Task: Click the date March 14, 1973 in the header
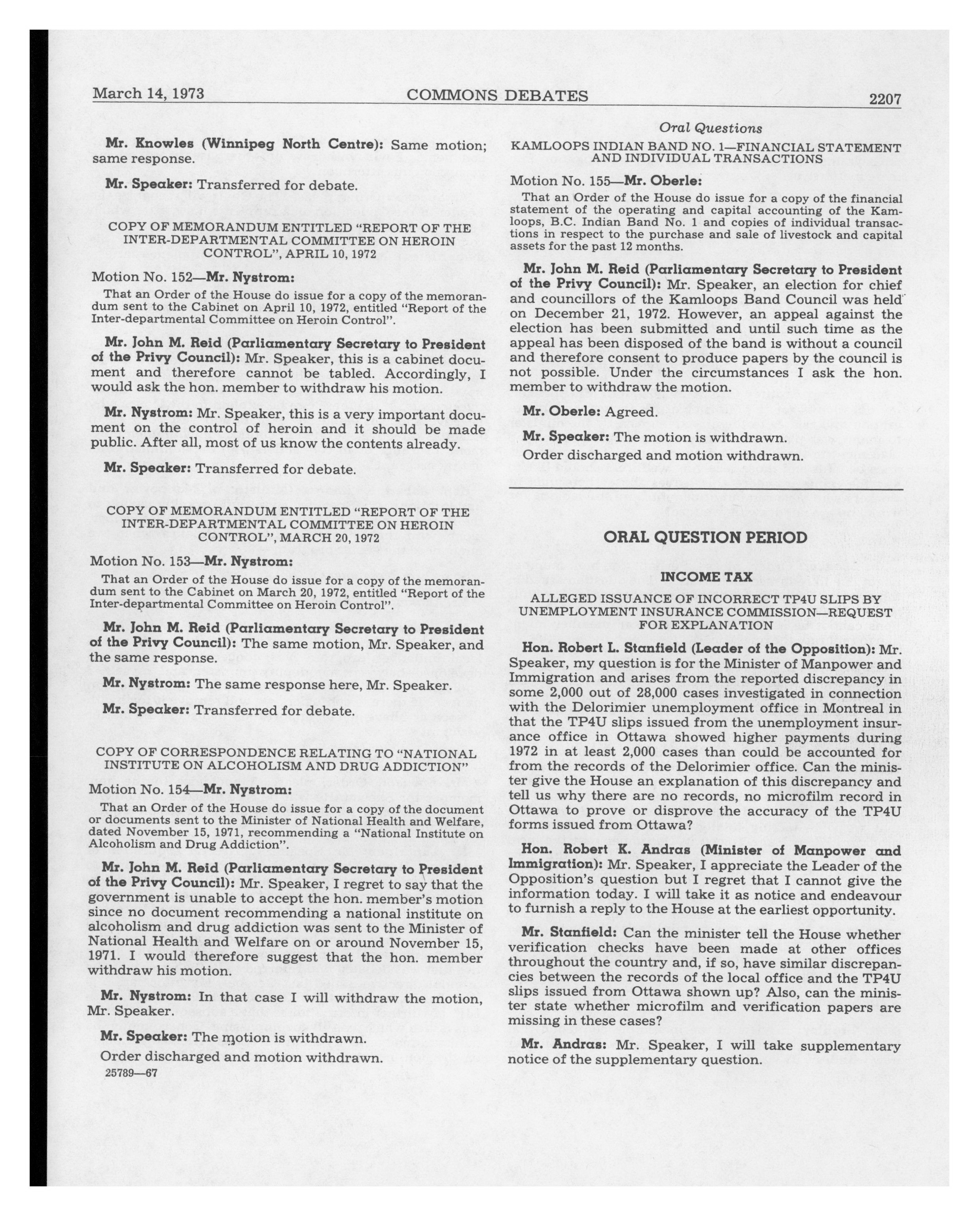(x=148, y=93)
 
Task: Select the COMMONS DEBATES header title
(x=497, y=96)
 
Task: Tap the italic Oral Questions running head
(x=710, y=128)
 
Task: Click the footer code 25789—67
(x=131, y=1073)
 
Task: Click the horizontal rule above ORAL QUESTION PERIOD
(x=705, y=489)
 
